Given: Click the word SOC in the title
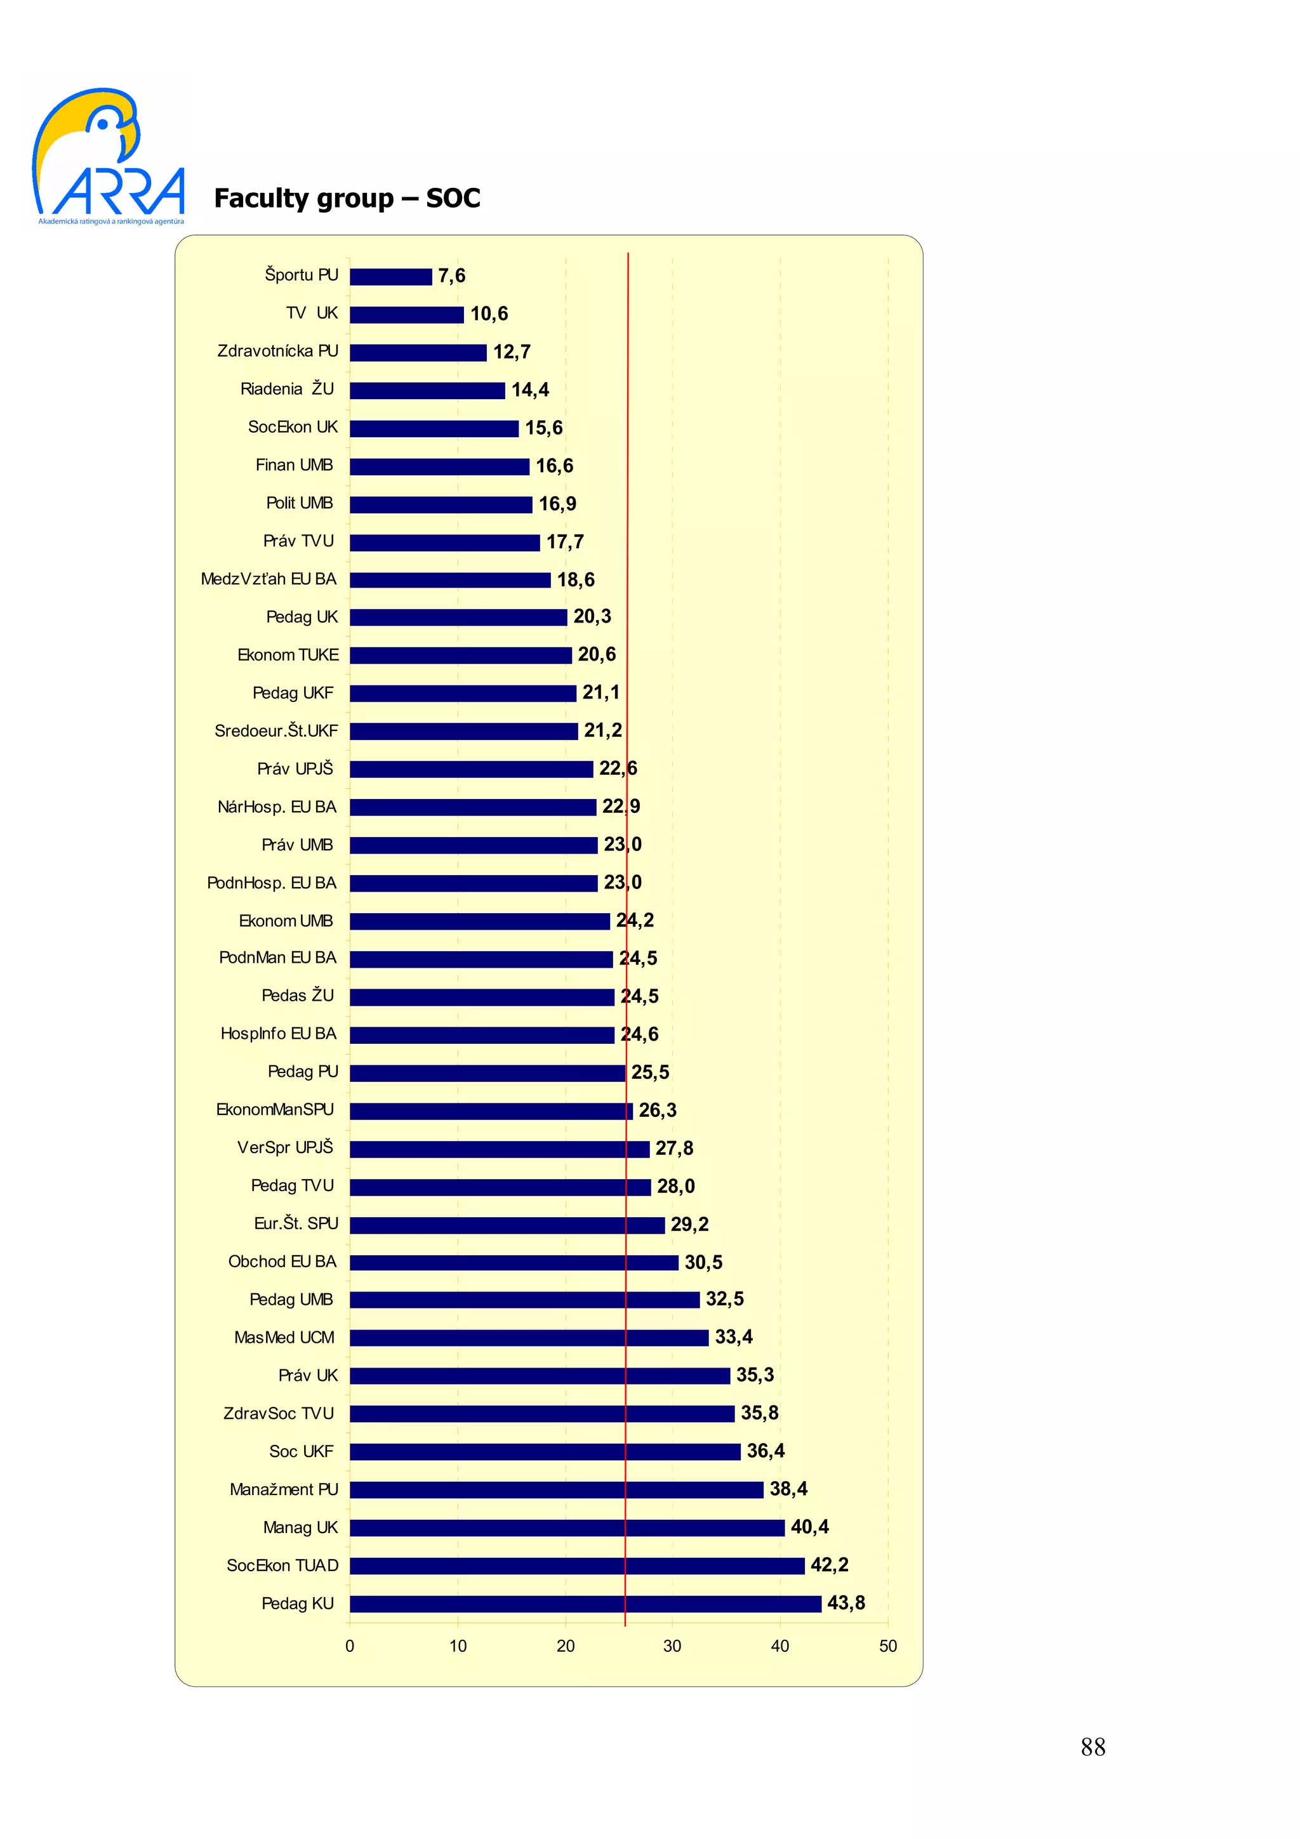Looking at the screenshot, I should (x=453, y=198).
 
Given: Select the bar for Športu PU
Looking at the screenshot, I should (x=390, y=276).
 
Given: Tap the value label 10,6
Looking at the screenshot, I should (x=489, y=314).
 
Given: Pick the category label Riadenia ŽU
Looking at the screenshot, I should (x=287, y=389).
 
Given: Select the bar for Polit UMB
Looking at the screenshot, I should (x=441, y=504).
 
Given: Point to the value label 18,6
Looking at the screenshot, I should (x=575, y=580).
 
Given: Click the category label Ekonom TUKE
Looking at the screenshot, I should (x=288, y=655).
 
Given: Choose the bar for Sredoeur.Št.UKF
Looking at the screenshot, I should (x=463, y=731).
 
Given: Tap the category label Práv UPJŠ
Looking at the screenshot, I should (x=295, y=769).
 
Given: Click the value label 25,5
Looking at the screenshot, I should (x=649, y=1072).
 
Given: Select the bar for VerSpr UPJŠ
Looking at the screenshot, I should (x=499, y=1149).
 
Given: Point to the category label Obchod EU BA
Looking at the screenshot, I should (x=282, y=1262).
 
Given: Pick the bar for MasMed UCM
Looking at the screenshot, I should (x=529, y=1338).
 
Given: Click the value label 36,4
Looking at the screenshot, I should (x=765, y=1451).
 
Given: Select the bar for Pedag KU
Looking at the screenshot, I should (x=585, y=1604).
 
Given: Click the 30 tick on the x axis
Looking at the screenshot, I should (x=672, y=1646).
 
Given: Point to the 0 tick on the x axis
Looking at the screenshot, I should (x=349, y=1646).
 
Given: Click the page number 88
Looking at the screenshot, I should (x=1092, y=1747).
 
